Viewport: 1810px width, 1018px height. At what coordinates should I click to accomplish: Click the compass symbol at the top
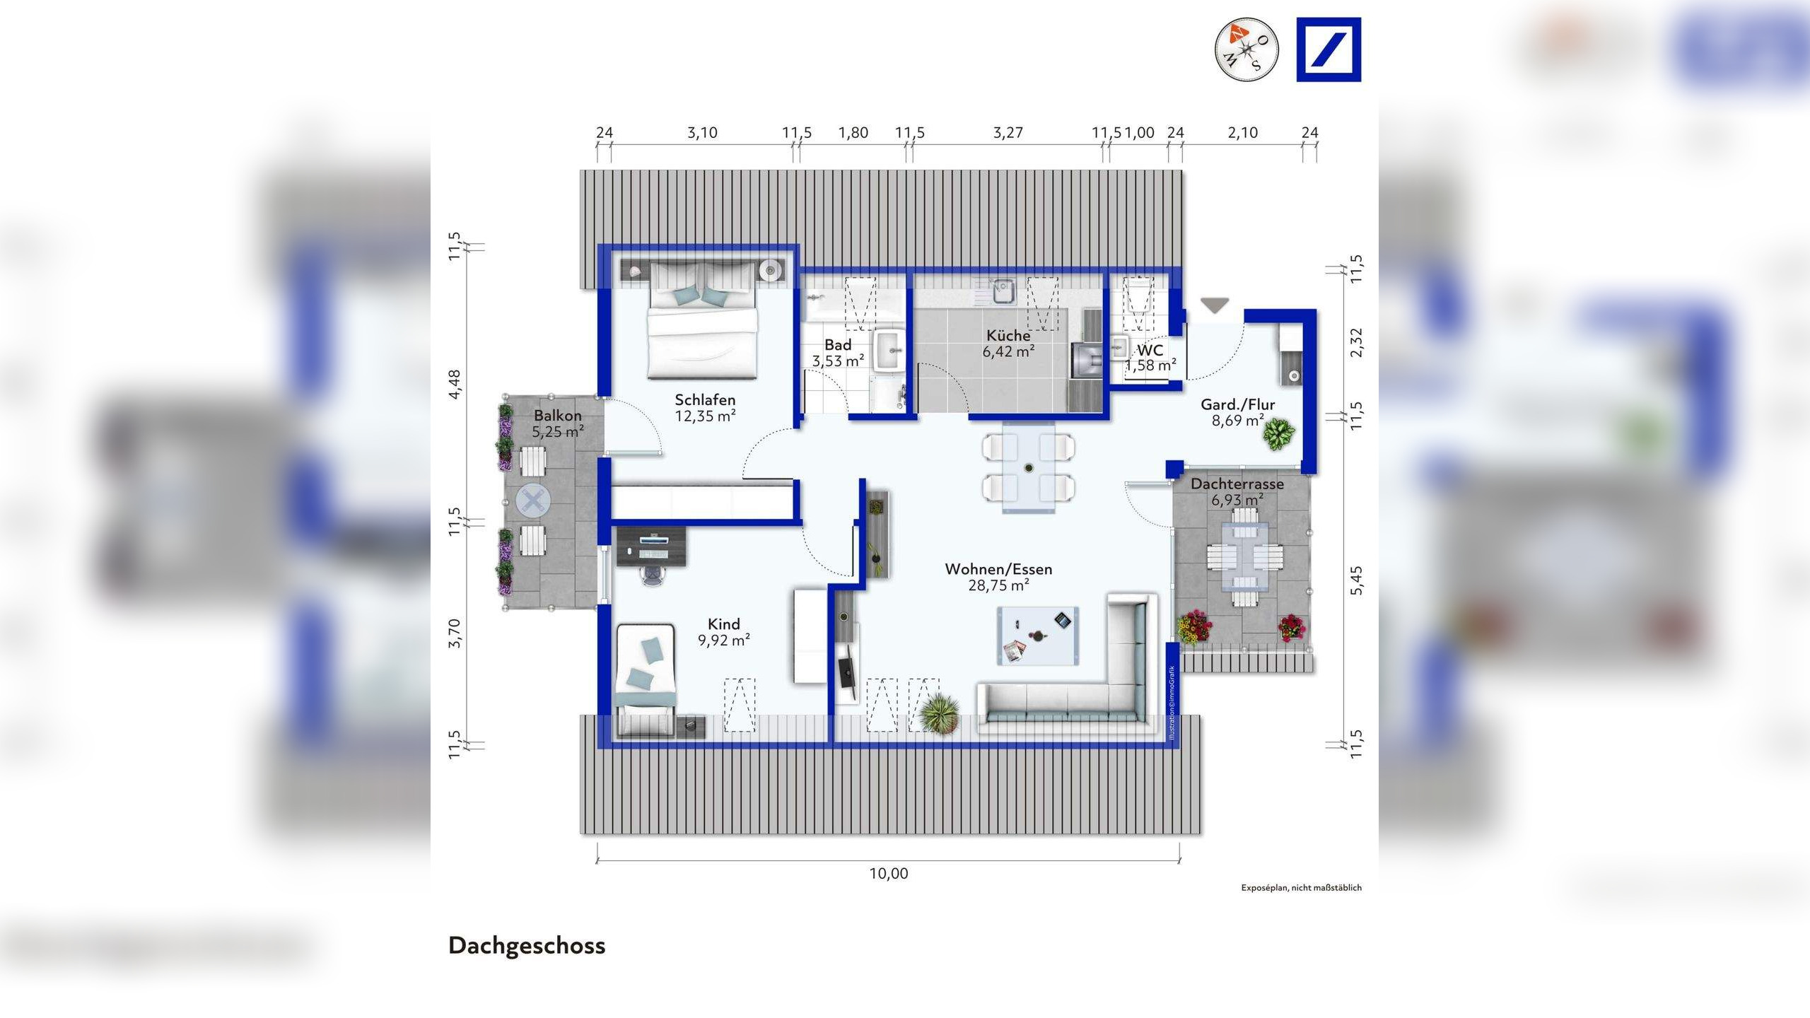pyautogui.click(x=1246, y=49)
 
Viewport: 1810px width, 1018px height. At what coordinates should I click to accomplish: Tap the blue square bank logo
pyautogui.click(x=1329, y=49)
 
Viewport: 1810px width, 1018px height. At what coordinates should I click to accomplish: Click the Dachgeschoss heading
pyautogui.click(x=527, y=946)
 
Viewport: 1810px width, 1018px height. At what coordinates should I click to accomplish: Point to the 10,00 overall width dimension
pyautogui.click(x=889, y=874)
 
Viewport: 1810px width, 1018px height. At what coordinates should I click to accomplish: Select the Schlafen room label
pyautogui.click(x=705, y=400)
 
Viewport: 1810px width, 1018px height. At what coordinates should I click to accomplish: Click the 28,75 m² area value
pyautogui.click(x=998, y=585)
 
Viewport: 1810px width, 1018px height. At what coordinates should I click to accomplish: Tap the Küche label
pyautogui.click(x=1009, y=335)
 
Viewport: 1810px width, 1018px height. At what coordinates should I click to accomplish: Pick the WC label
pyautogui.click(x=1150, y=351)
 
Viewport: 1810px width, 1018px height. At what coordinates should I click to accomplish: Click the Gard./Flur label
pyautogui.click(x=1238, y=405)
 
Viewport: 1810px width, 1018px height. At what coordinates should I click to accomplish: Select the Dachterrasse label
pyautogui.click(x=1237, y=484)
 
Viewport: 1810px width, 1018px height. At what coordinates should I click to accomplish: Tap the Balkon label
pyautogui.click(x=558, y=416)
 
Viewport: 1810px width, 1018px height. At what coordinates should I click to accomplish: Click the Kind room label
pyautogui.click(x=723, y=624)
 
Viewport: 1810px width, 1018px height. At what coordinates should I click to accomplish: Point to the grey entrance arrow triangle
pyautogui.click(x=1215, y=305)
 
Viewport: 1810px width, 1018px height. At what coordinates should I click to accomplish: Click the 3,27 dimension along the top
pyautogui.click(x=1008, y=132)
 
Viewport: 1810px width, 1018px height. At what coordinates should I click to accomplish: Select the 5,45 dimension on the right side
pyautogui.click(x=1356, y=580)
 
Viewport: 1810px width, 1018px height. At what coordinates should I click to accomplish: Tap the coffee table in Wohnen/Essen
pyautogui.click(x=1038, y=636)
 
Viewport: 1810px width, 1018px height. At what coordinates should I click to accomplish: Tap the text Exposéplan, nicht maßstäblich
pyautogui.click(x=1302, y=888)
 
